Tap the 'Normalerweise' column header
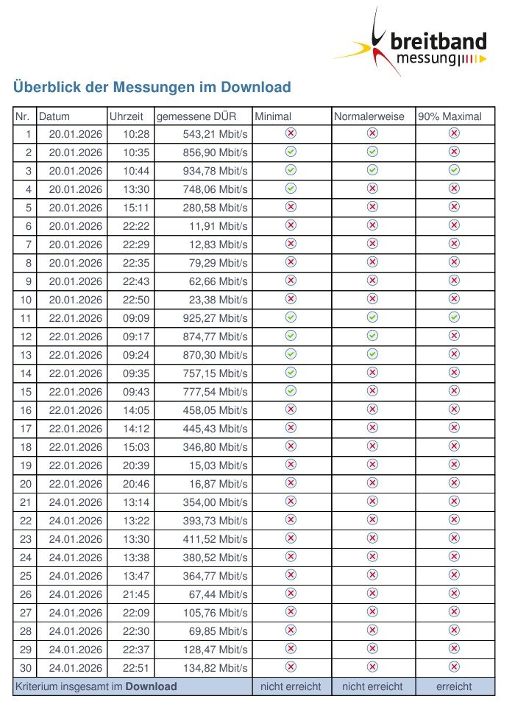369,116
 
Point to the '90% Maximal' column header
450,116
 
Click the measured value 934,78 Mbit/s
216,171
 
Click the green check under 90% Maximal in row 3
455,170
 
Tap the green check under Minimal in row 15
291,391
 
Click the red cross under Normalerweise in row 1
372,133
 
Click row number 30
26,668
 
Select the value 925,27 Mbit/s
216,318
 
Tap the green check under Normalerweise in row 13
372,354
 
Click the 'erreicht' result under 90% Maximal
455,686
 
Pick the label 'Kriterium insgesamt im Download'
96,686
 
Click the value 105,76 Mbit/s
216,613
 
